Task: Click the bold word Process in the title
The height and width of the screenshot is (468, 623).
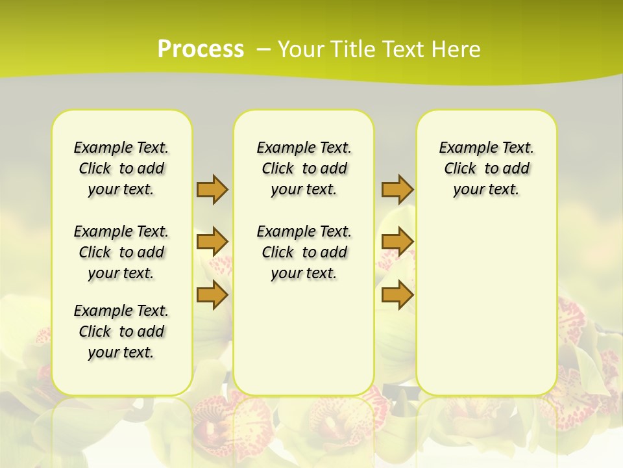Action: coord(201,49)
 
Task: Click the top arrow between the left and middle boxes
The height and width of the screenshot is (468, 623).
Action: coord(212,189)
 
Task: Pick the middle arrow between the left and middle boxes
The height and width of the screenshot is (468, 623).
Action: coord(212,242)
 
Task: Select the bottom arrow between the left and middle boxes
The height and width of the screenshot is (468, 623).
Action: coord(212,295)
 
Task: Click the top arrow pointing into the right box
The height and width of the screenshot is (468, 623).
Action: coord(397,189)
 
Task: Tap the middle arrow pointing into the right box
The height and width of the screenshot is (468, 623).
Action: coord(397,242)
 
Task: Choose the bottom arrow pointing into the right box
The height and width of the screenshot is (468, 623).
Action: coord(397,295)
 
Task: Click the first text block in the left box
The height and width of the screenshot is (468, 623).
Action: coord(121,168)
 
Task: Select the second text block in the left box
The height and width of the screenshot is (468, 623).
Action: coord(121,252)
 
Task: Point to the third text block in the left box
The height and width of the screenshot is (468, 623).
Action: coord(121,331)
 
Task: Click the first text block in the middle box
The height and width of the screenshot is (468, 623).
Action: coord(304,168)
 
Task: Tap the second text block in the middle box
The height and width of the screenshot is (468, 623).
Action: coord(304,252)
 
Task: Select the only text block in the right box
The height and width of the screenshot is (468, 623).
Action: coord(486,168)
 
